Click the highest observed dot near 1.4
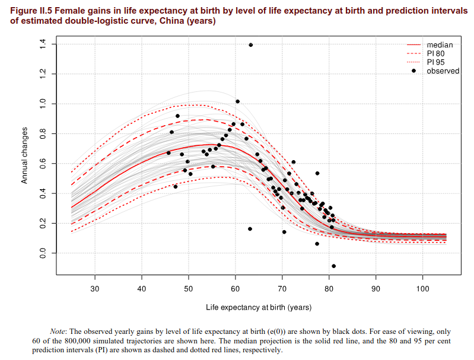(251, 45)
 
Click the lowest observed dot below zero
(333, 266)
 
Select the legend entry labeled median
(440, 45)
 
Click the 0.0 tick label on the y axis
(42, 253)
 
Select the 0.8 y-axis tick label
(42, 133)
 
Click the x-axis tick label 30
(94, 289)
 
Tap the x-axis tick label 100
(422, 289)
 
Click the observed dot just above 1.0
(237, 101)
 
